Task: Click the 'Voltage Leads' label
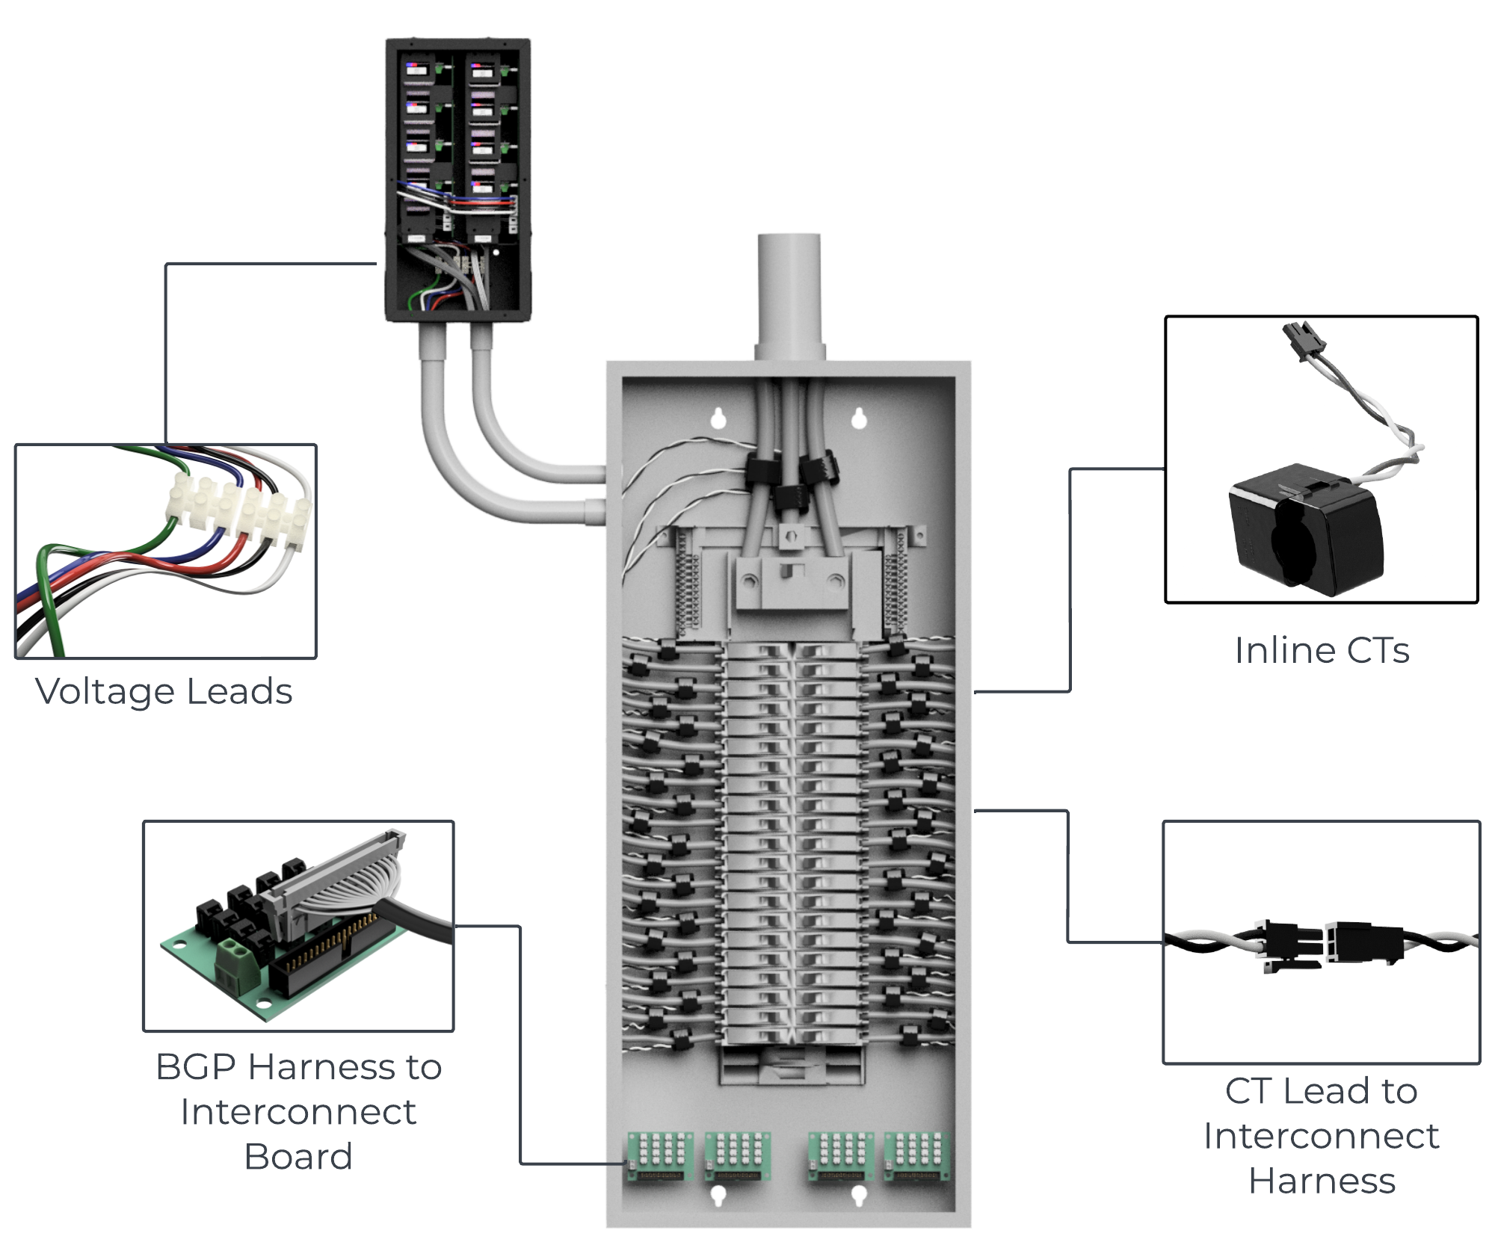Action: tap(164, 691)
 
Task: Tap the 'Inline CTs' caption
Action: tap(1322, 650)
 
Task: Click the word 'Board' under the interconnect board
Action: tap(298, 1157)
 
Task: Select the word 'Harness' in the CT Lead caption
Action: tap(1322, 1181)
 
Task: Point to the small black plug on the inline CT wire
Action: tap(1304, 339)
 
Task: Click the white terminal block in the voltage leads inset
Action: tap(238, 511)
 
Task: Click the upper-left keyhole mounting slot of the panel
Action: tap(718, 418)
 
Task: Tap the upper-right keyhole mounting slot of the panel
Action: tap(859, 418)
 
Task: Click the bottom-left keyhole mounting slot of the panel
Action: tap(718, 1195)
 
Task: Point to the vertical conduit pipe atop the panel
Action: tap(789, 291)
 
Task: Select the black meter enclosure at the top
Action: tap(457, 179)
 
